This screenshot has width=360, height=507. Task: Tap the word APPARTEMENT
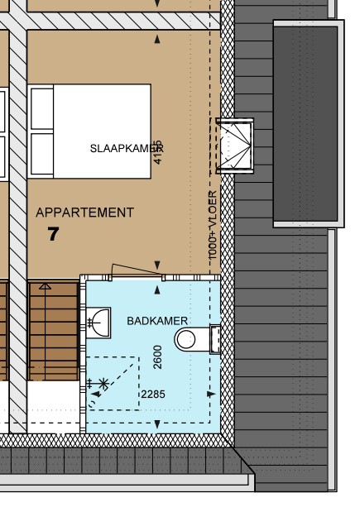(x=84, y=213)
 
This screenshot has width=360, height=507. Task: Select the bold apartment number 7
(x=54, y=234)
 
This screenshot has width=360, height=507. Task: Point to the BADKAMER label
(x=157, y=320)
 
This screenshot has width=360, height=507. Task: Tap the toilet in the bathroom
(x=190, y=338)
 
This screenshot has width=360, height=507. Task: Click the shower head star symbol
(x=103, y=383)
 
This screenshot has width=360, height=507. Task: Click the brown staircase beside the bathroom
(x=55, y=331)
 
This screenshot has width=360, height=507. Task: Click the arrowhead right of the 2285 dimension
(x=207, y=395)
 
